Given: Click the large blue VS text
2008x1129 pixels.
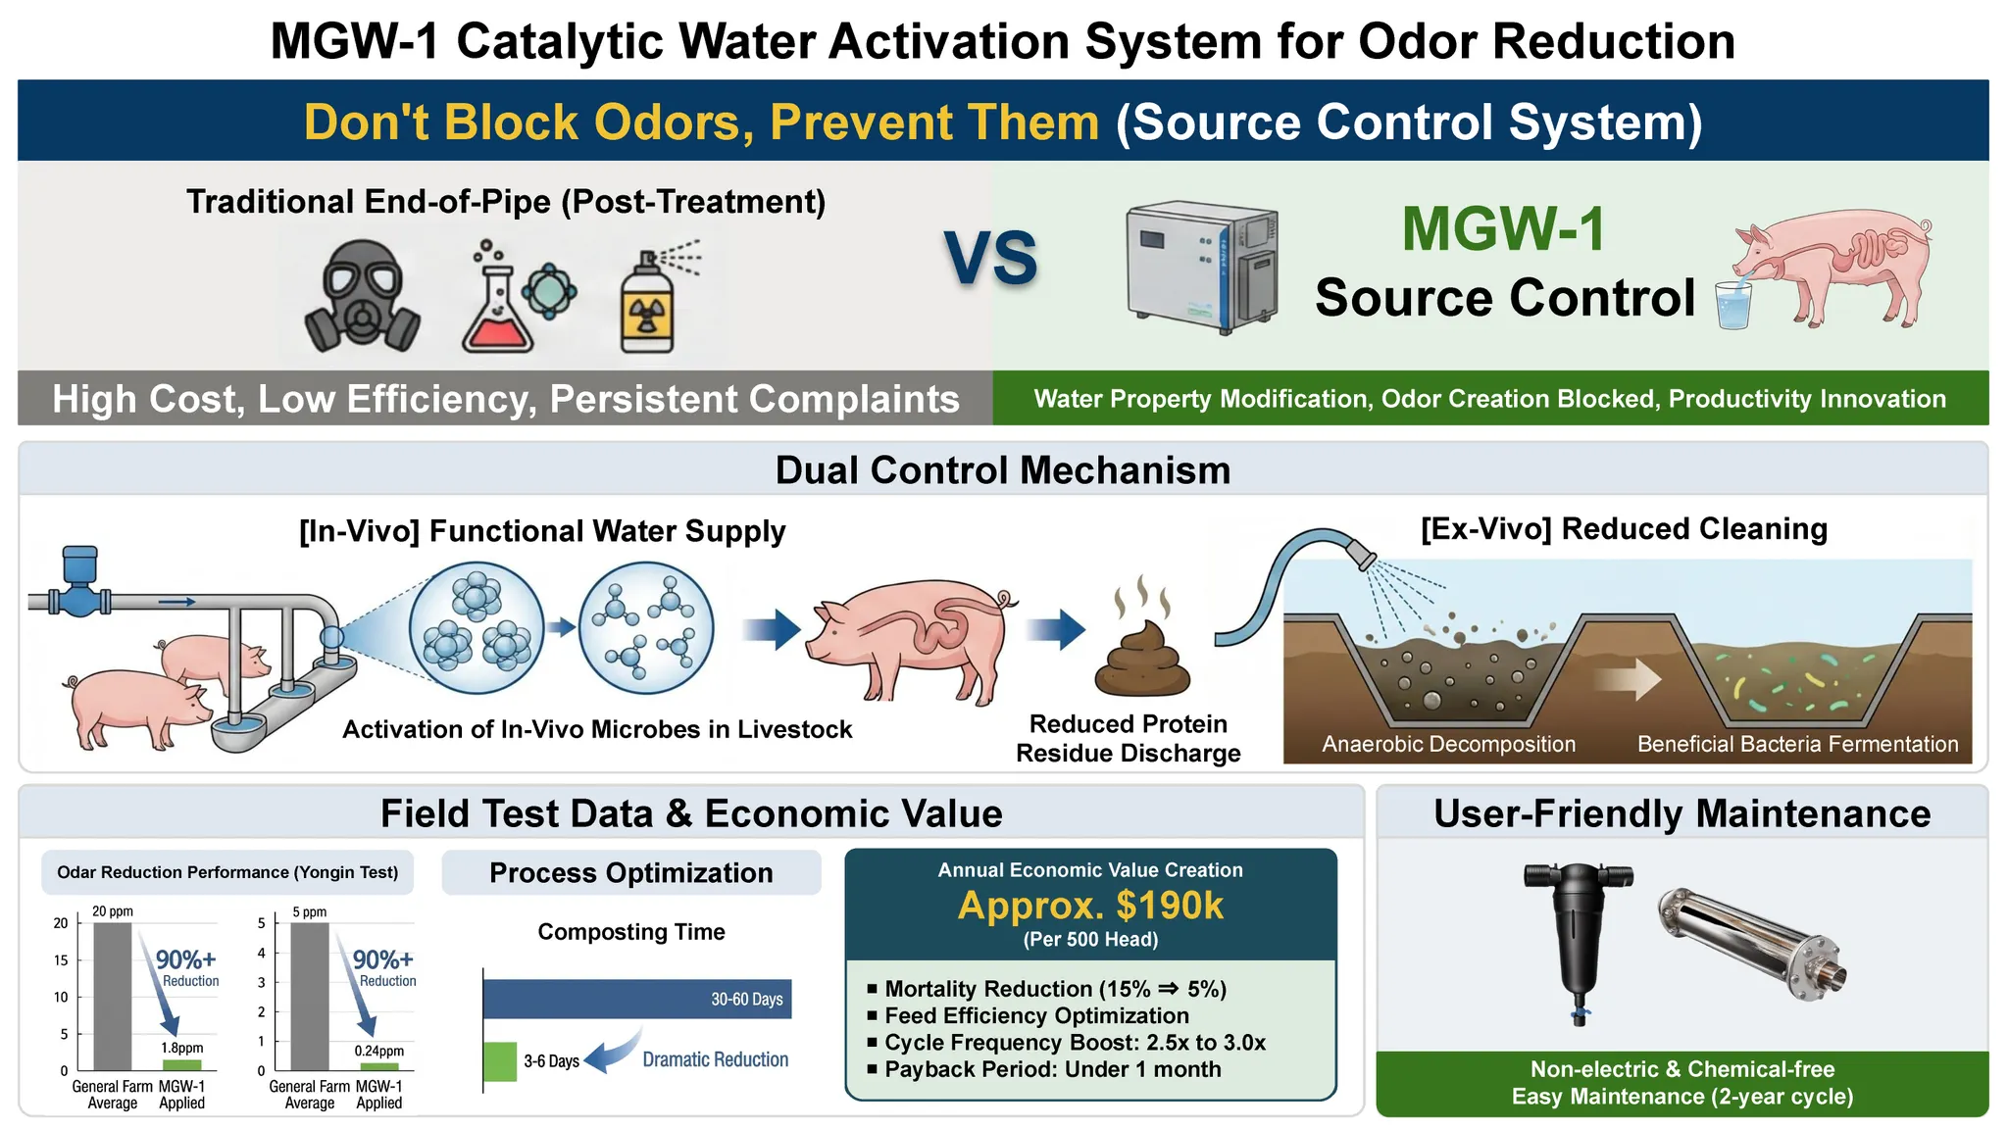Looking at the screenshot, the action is (990, 259).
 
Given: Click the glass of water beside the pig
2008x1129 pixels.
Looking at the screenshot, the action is (1733, 305).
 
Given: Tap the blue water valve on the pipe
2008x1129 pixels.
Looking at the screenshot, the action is (79, 582).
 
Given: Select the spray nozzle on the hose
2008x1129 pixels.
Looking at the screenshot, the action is (1362, 553).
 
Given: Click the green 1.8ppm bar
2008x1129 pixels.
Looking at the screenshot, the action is (181, 1065).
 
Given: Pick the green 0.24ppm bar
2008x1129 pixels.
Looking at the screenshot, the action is (379, 1067).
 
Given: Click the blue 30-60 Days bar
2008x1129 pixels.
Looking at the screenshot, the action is (637, 999).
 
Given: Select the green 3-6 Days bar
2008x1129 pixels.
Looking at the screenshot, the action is (500, 1061).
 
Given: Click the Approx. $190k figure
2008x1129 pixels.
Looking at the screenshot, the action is (1090, 906).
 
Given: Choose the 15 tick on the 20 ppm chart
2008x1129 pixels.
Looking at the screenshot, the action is (61, 960).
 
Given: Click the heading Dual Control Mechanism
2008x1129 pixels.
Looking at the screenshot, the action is (1003, 470).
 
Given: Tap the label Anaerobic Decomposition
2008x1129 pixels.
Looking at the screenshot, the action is (1448, 744).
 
